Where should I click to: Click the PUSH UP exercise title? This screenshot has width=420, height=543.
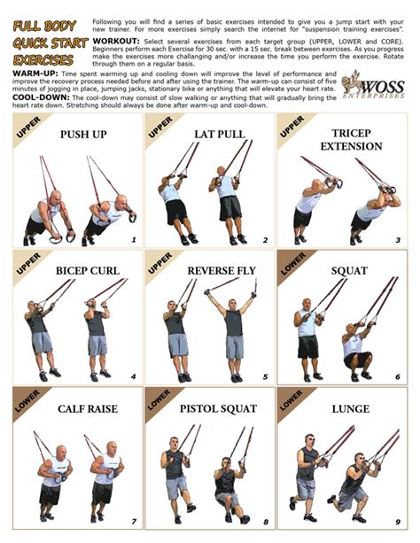click(82, 135)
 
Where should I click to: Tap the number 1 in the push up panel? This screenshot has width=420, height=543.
click(133, 240)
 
